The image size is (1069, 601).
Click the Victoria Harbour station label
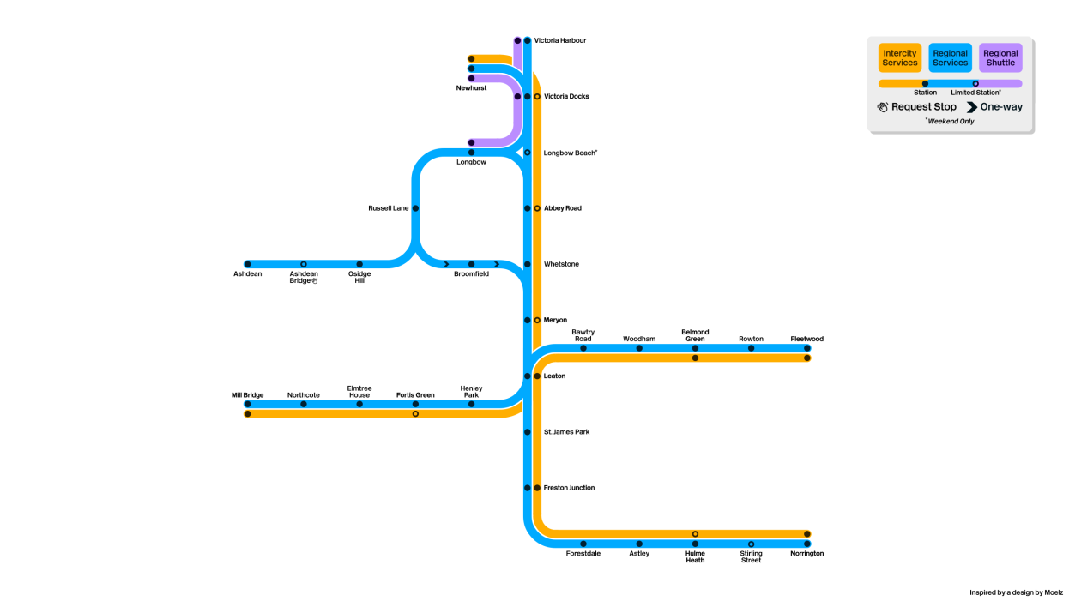(559, 40)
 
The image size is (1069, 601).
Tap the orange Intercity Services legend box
(900, 57)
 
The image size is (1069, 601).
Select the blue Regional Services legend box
(950, 57)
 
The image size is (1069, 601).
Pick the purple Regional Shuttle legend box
(1000, 57)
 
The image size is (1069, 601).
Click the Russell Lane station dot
(415, 208)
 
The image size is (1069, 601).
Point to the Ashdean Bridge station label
(304, 277)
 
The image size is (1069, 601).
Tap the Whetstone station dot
(528, 264)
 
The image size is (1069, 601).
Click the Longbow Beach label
(571, 153)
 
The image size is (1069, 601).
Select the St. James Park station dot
(528, 432)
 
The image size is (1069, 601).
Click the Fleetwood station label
(807, 339)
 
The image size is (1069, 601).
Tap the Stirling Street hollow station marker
(752, 544)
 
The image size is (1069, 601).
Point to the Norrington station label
(807, 553)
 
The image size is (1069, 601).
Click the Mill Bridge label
(247, 395)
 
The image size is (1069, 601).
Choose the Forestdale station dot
(583, 544)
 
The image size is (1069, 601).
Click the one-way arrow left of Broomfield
(446, 264)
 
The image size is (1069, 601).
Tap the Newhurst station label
(471, 87)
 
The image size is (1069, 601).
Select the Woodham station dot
(639, 348)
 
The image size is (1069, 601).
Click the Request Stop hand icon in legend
(883, 107)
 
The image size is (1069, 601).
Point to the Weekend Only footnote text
(950, 121)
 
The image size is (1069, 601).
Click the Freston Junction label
(569, 488)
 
